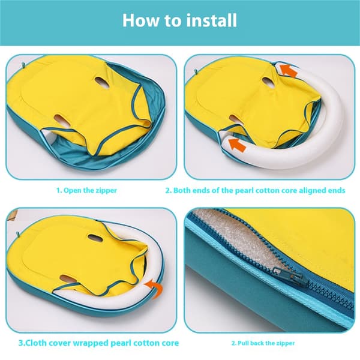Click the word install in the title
(211, 20)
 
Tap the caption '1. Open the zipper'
(87, 190)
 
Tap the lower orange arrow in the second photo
(238, 145)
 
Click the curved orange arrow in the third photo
(155, 288)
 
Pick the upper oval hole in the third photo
(95, 238)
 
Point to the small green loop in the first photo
(23, 65)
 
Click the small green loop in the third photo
(18, 235)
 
